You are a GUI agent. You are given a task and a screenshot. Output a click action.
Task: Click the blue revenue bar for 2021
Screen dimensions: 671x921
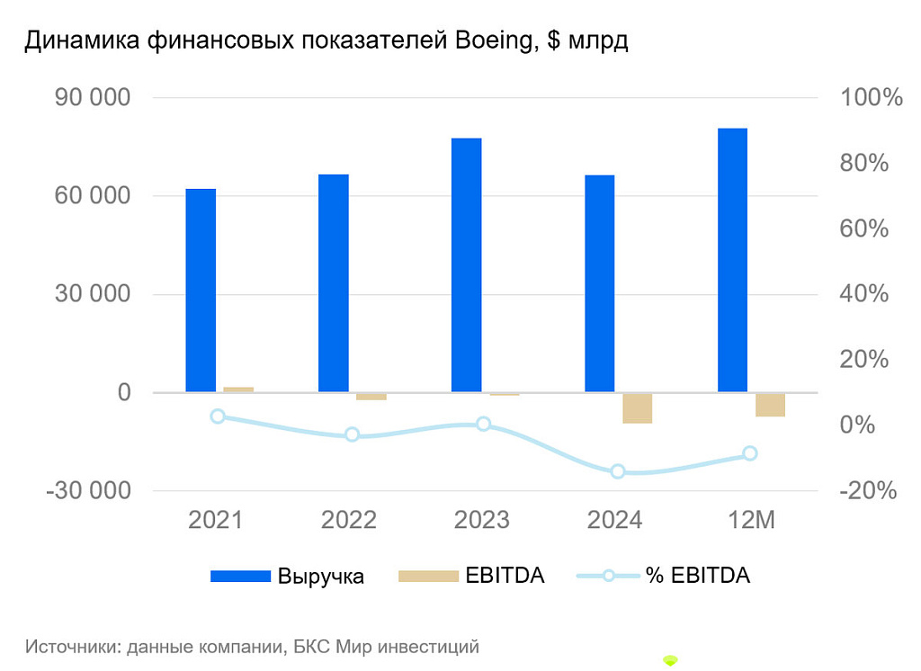point(201,291)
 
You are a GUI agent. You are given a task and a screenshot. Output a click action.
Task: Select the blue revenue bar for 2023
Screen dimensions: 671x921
point(467,265)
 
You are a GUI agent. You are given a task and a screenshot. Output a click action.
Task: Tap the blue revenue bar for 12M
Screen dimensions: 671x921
point(732,260)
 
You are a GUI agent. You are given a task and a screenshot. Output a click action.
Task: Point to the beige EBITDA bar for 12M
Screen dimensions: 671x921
point(770,405)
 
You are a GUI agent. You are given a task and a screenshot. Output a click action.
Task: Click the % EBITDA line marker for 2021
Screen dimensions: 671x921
point(218,416)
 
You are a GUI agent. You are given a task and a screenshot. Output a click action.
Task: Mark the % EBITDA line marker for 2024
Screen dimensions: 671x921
point(618,471)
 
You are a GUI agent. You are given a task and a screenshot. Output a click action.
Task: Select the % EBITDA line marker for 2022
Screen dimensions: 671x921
point(352,434)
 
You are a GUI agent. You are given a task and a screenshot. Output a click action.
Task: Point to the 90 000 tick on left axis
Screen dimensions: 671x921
point(93,98)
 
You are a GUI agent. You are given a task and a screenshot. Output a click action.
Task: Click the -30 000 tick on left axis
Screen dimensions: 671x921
point(88,491)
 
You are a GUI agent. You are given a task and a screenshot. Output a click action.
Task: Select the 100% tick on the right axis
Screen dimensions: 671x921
point(870,98)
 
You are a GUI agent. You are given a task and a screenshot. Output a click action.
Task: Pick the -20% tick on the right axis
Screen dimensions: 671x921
point(869,491)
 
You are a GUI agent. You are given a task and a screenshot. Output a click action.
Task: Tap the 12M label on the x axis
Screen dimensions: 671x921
point(750,520)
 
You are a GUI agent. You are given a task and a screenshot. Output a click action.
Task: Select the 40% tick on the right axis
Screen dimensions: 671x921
point(864,294)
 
